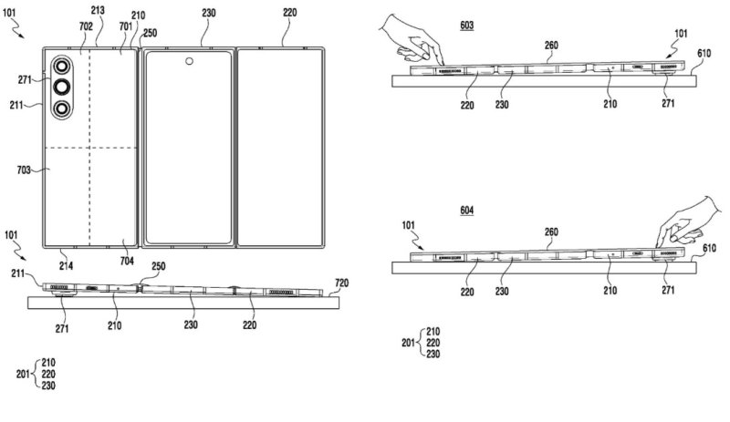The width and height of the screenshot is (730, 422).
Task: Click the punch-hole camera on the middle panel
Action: click(189, 63)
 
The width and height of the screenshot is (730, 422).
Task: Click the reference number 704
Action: click(127, 261)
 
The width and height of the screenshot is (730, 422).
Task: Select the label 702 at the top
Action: click(86, 26)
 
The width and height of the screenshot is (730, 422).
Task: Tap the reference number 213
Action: click(98, 10)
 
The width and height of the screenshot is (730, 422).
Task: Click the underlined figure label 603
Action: click(466, 27)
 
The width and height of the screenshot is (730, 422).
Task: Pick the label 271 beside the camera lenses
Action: click(26, 81)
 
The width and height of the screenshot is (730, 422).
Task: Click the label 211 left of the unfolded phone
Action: click(26, 106)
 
